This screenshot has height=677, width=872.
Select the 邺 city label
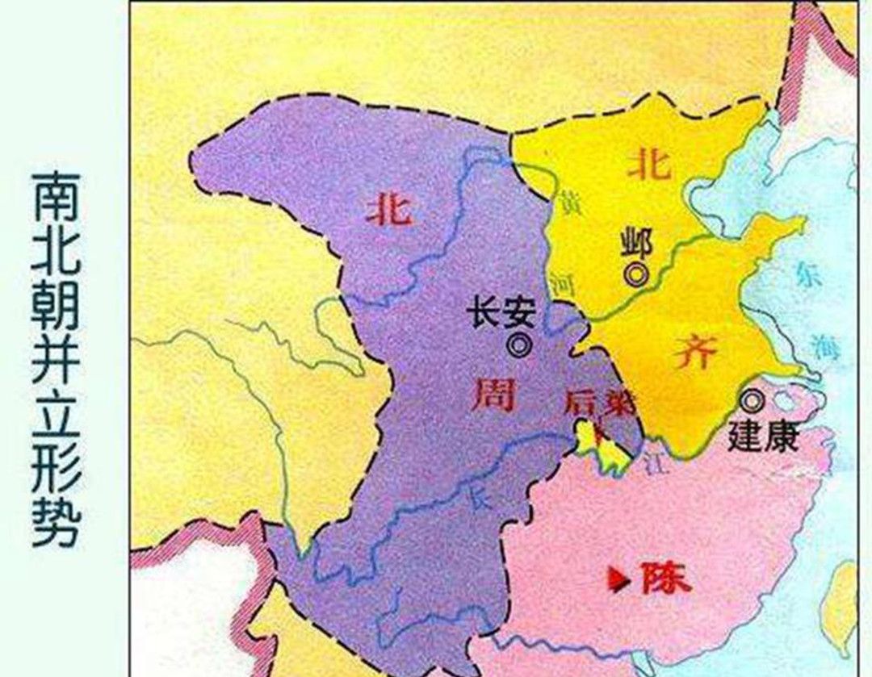[x=635, y=240]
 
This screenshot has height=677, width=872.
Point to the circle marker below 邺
[x=637, y=274]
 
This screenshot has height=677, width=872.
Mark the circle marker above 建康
[x=753, y=399]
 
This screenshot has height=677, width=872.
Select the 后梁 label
[x=599, y=403]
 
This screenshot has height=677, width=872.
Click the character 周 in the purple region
[x=493, y=396]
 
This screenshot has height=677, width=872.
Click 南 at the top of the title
[x=57, y=195]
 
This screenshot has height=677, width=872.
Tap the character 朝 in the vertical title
[x=57, y=306]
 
